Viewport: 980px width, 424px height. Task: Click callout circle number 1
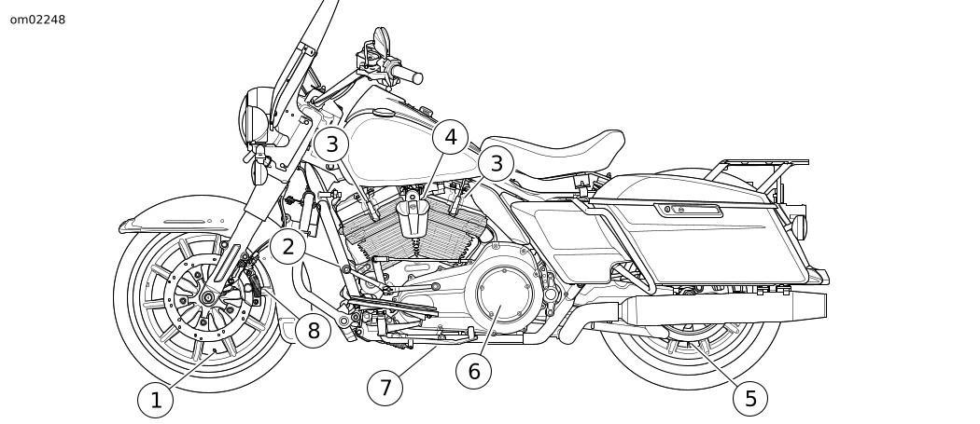pyautogui.click(x=156, y=401)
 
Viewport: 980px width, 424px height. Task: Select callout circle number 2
pyautogui.click(x=288, y=247)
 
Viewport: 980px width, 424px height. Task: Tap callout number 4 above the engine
pyautogui.click(x=451, y=139)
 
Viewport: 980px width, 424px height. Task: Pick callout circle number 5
pyautogui.click(x=749, y=399)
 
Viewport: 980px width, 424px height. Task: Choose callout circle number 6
pyautogui.click(x=473, y=371)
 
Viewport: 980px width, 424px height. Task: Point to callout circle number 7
pyautogui.click(x=385, y=387)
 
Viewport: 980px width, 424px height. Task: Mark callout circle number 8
pyautogui.click(x=313, y=329)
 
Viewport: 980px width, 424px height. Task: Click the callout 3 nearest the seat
pyautogui.click(x=497, y=165)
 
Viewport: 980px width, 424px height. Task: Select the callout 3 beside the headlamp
pyautogui.click(x=331, y=144)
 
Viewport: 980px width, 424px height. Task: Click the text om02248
pyautogui.click(x=38, y=19)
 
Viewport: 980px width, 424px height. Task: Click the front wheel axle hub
pyautogui.click(x=207, y=299)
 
